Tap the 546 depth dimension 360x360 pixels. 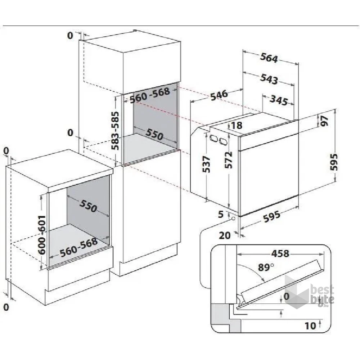(219, 95)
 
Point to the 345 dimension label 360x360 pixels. (278, 100)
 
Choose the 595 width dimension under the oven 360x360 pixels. (271, 216)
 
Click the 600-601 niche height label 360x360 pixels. (42, 235)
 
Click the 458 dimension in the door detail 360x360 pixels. (280, 253)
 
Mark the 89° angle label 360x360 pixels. (266, 267)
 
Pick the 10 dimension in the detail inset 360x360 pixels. (310, 326)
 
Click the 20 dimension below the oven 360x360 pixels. (225, 235)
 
